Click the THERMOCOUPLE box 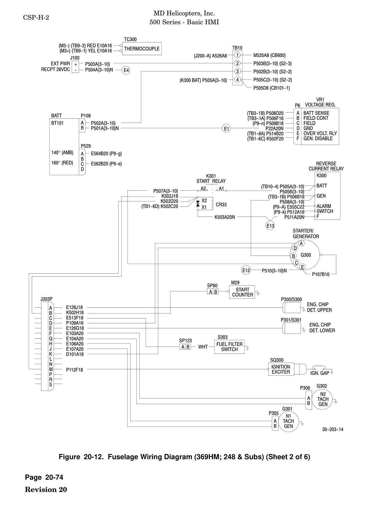[142, 49]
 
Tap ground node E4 [126, 70]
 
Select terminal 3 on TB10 [237, 72]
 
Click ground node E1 [227, 129]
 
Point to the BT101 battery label [58, 123]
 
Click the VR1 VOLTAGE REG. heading [320, 102]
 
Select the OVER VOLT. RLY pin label [320, 133]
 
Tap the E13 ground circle [270, 226]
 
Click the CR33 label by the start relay [221, 205]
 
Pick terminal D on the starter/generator [295, 248]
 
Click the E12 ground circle [246, 270]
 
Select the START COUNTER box [242, 292]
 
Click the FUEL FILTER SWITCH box [229, 347]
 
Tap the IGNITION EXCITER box [281, 369]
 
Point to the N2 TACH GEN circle [323, 399]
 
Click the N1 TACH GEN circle [288, 421]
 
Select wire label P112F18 [75, 370]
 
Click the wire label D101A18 [75, 354]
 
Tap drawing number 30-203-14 [333, 429]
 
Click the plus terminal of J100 [76, 64]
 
